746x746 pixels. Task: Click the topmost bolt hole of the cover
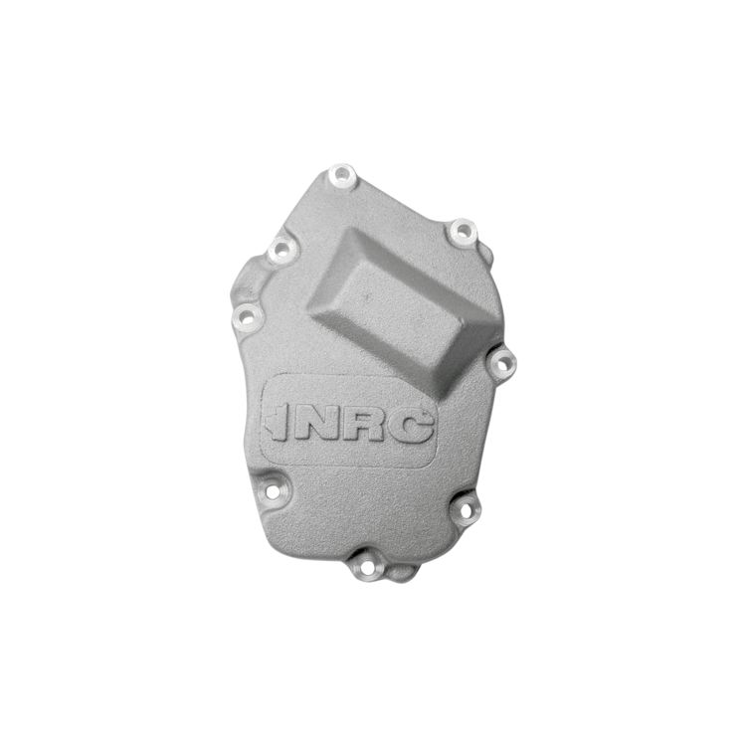tap(342, 175)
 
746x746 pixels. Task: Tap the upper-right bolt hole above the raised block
tap(462, 232)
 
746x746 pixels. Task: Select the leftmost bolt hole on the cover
tap(247, 315)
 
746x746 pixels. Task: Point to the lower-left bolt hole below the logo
tap(272, 491)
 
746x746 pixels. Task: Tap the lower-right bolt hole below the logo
tap(466, 510)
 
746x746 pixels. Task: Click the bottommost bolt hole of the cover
tap(367, 569)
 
